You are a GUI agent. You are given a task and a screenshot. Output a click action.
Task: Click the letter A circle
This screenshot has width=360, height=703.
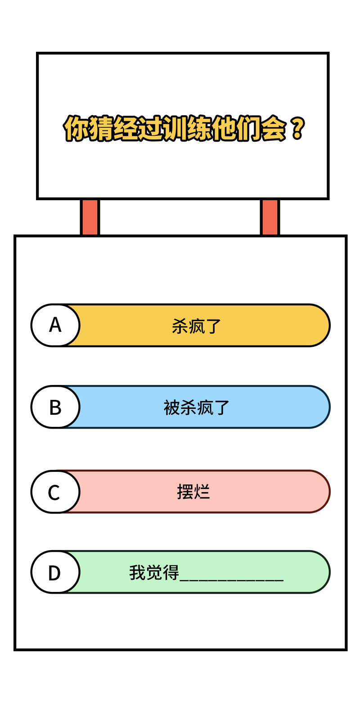[x=55, y=325]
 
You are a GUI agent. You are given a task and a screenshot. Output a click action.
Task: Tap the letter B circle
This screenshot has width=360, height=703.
[x=55, y=407]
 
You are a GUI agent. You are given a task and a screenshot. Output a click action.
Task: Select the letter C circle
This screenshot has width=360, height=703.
[x=55, y=492]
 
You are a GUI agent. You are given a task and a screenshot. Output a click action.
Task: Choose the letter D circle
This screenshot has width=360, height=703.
[x=55, y=572]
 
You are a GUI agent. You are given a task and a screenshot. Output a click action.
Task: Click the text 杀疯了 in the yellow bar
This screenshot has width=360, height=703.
[x=196, y=326]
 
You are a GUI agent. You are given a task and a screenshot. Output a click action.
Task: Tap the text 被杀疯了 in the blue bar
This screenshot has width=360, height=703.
[x=196, y=407]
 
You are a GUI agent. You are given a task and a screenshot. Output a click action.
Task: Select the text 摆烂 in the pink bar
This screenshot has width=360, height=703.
[x=193, y=492]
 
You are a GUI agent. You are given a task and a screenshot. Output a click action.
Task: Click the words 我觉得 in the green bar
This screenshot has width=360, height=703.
[x=154, y=573]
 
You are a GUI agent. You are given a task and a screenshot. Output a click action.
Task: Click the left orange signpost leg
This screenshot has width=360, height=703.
[x=90, y=217]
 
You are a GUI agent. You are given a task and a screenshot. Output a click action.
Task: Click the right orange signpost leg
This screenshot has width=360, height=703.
[x=270, y=217]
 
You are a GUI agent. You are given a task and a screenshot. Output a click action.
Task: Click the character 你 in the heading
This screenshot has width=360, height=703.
[x=76, y=128]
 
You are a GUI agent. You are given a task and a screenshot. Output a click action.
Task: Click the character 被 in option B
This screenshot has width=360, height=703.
[x=171, y=407]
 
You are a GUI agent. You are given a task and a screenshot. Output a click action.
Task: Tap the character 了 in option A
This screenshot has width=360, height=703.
[x=213, y=327]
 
